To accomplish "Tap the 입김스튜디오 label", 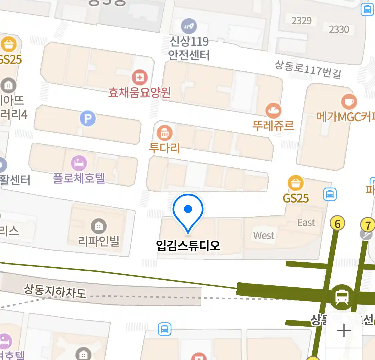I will [x=188, y=246].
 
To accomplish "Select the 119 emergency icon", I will [x=189, y=26].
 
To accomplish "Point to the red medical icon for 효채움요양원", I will [x=140, y=78].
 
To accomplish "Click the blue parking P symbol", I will [x=88, y=119].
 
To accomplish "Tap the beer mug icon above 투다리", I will [x=165, y=133].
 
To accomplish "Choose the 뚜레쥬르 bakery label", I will [x=273, y=125].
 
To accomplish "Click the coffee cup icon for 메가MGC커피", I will [x=349, y=101].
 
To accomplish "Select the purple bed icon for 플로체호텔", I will [x=79, y=163].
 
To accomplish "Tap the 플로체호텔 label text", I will [x=79, y=178].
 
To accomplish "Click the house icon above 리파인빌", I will [x=99, y=227].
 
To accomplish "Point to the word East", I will [x=306, y=222].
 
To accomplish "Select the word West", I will [x=264, y=235].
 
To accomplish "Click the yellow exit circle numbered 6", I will [x=338, y=224].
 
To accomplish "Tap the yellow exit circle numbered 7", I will [x=368, y=225].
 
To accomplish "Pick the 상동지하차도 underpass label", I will [x=55, y=291].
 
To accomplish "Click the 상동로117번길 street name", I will [x=308, y=69].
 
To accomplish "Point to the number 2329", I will [x=301, y=21].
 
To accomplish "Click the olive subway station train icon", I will [x=342, y=296].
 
